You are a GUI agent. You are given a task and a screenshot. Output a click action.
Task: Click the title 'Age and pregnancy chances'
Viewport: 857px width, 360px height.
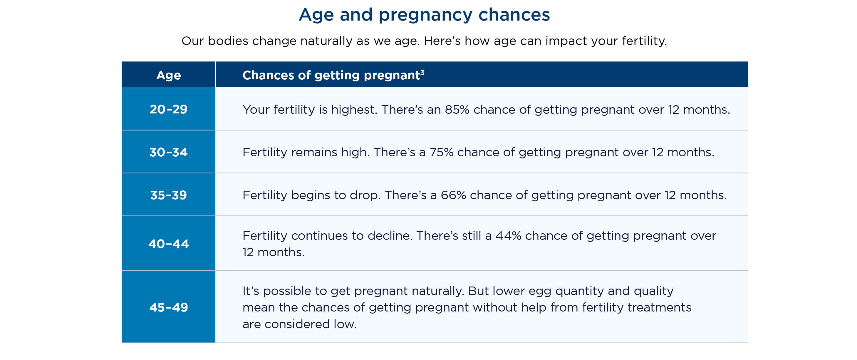point(424,15)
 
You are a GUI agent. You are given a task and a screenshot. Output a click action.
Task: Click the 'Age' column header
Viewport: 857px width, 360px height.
point(169,76)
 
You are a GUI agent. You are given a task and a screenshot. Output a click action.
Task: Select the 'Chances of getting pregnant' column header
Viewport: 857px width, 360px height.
point(331,75)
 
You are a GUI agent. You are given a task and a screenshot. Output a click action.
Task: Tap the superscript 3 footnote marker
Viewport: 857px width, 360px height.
point(422,72)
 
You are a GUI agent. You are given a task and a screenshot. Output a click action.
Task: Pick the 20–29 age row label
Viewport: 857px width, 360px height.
point(169,109)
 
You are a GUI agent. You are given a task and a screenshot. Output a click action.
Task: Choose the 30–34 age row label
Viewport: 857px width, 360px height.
point(169,152)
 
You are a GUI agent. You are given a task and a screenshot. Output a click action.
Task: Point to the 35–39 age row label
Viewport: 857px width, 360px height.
point(169,195)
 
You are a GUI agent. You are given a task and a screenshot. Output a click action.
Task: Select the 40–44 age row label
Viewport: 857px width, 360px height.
point(169,244)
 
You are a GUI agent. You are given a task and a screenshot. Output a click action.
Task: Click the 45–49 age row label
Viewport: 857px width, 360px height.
point(169,307)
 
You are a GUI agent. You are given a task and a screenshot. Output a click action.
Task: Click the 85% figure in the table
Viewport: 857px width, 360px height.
point(457,109)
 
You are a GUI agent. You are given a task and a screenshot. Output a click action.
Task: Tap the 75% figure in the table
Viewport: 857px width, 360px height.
point(442,152)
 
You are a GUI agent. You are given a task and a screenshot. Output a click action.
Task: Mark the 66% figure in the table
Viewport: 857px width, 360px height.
point(453,195)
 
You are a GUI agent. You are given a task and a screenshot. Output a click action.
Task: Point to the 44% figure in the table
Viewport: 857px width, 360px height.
point(508,236)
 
